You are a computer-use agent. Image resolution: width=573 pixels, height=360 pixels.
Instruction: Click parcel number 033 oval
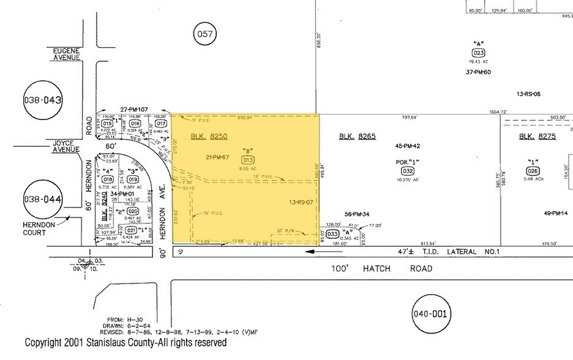[334, 233]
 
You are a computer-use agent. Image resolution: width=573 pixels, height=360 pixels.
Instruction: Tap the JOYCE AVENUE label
[66, 146]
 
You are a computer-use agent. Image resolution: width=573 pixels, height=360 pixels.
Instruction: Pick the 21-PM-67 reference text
[218, 157]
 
